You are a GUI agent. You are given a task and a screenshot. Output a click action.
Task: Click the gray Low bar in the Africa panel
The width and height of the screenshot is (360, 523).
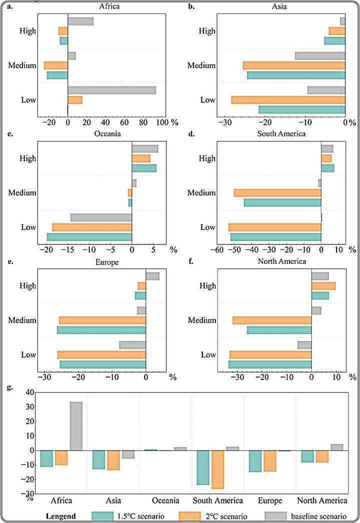(111, 90)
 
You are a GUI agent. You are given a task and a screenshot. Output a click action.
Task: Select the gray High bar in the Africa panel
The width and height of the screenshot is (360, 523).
(80, 21)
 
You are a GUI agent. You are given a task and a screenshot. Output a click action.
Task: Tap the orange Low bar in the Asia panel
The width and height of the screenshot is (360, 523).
(288, 100)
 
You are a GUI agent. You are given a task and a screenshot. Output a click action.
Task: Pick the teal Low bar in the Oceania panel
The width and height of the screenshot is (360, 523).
(89, 237)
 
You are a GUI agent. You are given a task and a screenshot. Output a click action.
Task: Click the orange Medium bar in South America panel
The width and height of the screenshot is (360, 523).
(277, 193)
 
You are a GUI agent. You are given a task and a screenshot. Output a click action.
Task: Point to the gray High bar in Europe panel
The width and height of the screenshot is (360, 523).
(152, 276)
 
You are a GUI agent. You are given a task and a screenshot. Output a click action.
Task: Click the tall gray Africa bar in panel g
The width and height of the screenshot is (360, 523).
(76, 426)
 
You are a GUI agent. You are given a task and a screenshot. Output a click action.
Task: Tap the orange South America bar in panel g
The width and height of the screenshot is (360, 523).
(217, 469)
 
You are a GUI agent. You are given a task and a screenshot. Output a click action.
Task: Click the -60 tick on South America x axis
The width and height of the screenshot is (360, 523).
(217, 249)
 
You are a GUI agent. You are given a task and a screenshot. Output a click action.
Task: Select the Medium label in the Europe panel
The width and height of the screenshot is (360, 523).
(22, 320)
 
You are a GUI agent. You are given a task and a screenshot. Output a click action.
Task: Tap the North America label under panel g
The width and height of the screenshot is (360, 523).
(322, 500)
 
